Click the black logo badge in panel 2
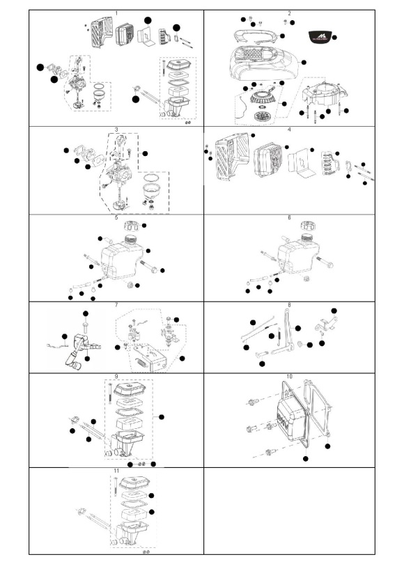tap(320, 36)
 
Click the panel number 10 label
tap(288, 376)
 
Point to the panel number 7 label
tap(116, 305)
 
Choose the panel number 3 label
tap(116, 130)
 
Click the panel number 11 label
tap(116, 471)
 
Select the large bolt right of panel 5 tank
tap(153, 269)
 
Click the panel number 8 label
tap(288, 305)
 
